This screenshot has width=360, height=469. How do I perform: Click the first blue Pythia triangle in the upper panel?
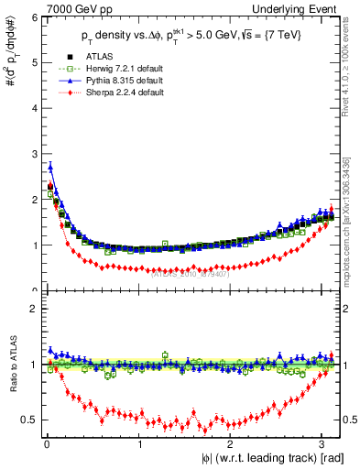(50, 166)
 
